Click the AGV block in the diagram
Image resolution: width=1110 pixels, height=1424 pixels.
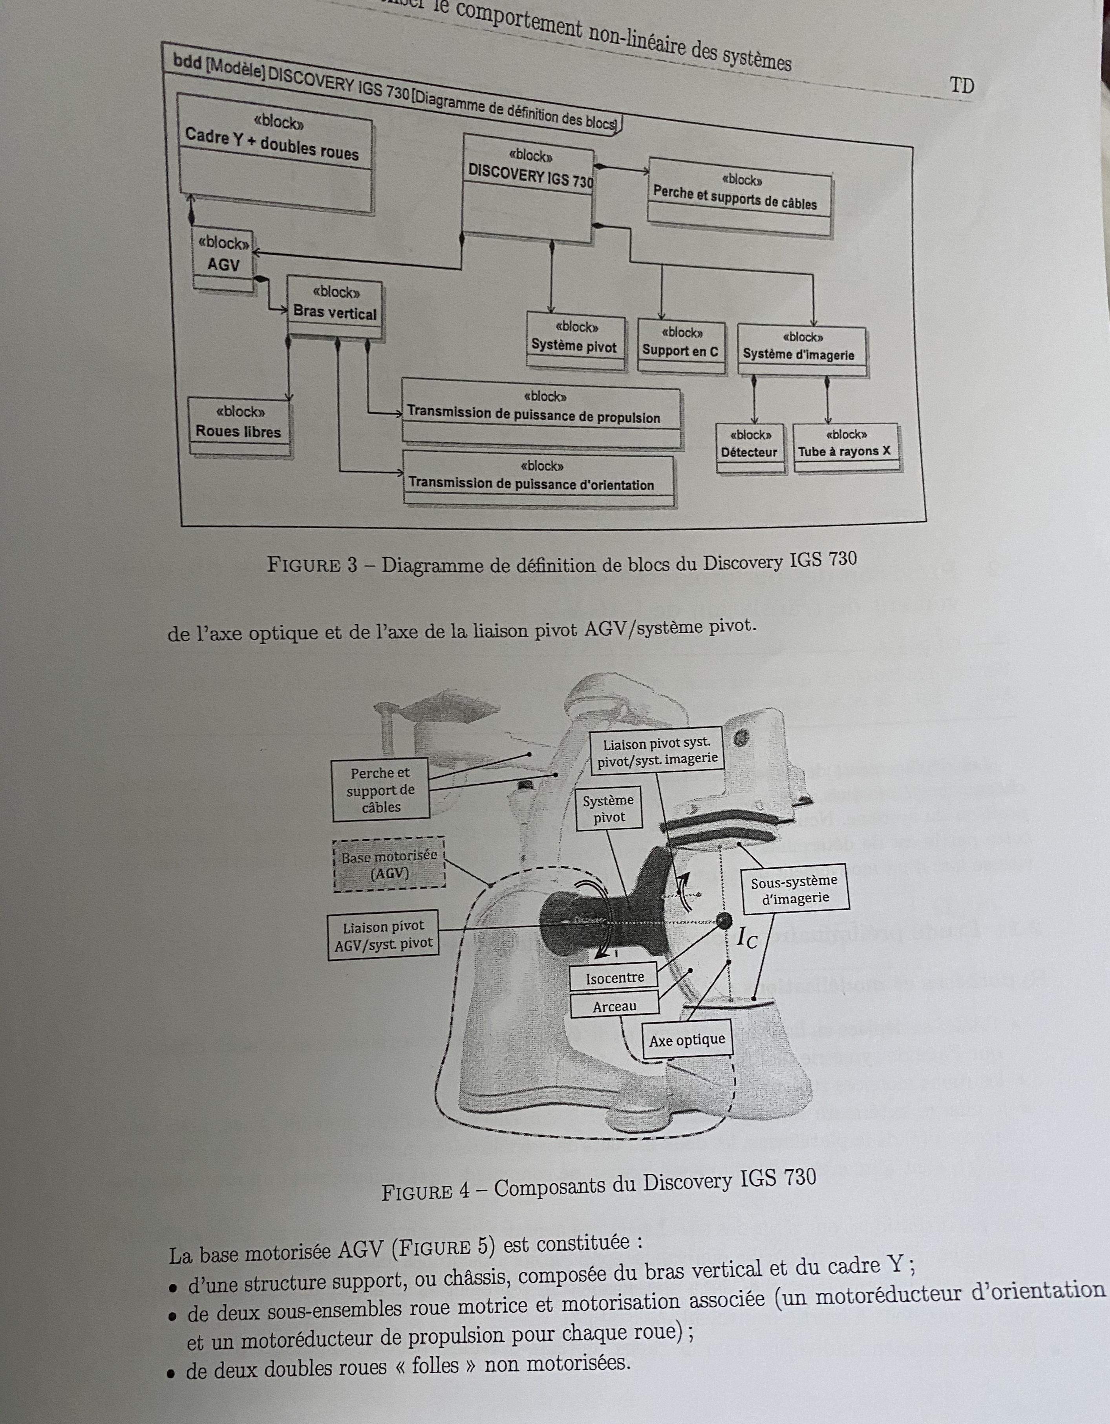tap(223, 259)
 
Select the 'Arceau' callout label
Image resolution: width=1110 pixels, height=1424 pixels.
tap(614, 1006)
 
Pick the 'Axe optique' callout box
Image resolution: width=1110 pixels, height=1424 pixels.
tap(687, 1039)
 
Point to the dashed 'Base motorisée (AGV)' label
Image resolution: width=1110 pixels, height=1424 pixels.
tap(389, 864)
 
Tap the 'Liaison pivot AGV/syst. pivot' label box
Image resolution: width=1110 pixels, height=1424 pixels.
tap(383, 935)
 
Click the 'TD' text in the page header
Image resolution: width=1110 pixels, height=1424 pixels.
tap(962, 85)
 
